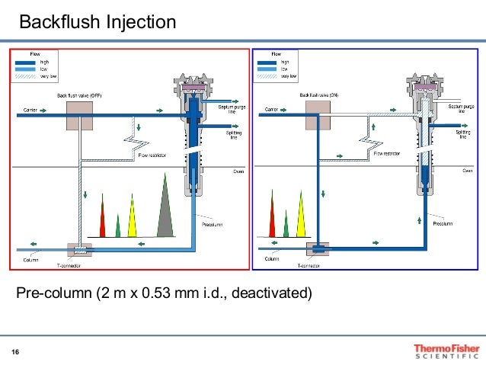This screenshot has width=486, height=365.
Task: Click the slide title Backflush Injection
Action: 97,22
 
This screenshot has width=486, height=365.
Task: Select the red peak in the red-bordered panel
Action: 103,221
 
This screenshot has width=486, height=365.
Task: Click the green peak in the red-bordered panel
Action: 117,226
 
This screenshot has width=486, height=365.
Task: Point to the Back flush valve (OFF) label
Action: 80,96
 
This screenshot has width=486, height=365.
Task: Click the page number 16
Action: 15,351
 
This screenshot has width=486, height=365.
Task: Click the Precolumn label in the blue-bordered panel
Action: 443,224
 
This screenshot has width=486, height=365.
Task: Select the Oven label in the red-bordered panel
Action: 238,171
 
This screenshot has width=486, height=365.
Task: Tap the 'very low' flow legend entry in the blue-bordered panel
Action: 289,75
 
